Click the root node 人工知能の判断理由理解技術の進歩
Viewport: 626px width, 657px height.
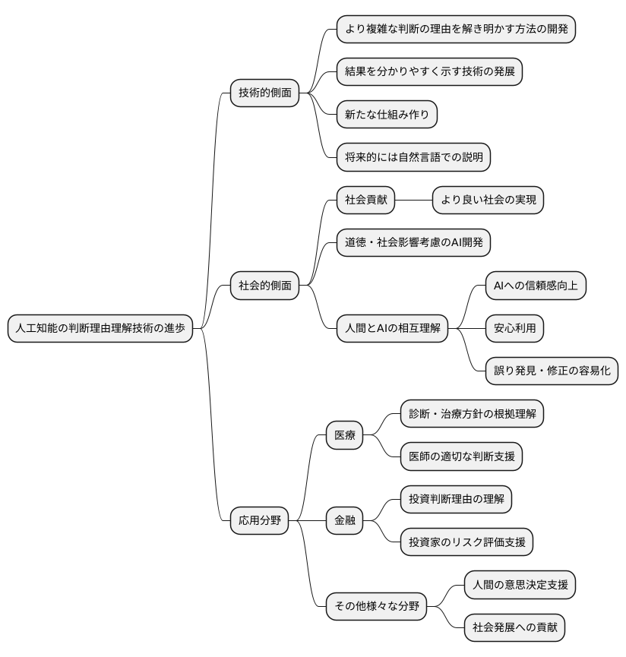point(100,328)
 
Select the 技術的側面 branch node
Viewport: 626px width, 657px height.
point(264,93)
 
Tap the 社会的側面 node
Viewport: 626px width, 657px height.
point(264,286)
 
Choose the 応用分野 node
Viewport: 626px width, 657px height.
point(260,520)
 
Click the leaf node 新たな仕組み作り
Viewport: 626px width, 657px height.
point(387,115)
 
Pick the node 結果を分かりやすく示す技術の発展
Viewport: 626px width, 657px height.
point(430,72)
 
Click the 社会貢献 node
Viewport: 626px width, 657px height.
point(366,201)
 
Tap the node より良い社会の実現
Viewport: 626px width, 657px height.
point(488,201)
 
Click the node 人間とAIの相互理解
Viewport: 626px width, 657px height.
point(392,328)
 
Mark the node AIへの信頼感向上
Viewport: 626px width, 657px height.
point(536,286)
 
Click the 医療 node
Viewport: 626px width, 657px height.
point(344,436)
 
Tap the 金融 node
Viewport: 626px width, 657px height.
point(344,520)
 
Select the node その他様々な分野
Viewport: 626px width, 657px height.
point(376,605)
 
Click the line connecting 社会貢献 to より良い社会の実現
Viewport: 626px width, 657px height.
point(414,201)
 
